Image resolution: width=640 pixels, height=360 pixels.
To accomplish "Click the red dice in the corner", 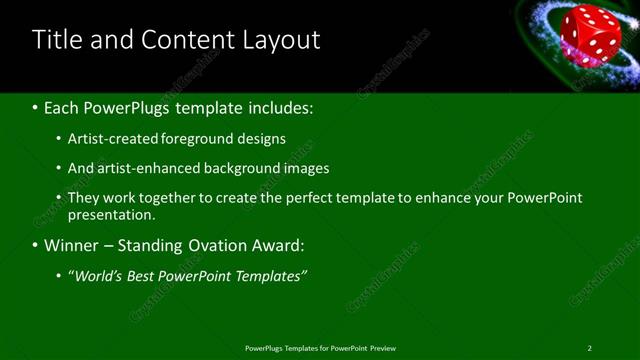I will point(590,33).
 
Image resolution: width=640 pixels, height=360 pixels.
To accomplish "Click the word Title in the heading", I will point(57,40).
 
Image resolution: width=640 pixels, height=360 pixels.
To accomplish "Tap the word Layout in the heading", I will point(282,40).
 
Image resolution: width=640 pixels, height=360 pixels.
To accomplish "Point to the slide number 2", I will point(589,348).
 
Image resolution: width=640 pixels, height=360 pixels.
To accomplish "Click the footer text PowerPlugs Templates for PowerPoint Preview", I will point(320,348).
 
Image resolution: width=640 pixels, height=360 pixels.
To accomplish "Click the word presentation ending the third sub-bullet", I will point(110,214).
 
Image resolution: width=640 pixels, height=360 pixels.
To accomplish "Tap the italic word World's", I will point(99,275).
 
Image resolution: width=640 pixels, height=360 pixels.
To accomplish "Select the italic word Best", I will point(150,275).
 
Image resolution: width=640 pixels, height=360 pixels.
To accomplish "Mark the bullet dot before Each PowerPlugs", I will point(36,108).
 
